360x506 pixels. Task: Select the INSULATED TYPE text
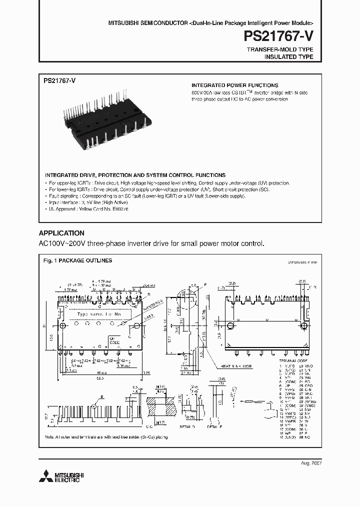point(289,57)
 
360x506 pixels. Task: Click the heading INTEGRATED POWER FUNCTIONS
point(235,85)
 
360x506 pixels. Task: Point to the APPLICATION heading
point(61,233)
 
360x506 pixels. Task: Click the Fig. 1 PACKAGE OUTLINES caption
point(77,260)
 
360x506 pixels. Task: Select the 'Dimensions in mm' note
point(302,262)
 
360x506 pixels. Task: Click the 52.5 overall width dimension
point(101,378)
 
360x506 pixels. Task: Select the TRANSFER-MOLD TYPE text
point(280,49)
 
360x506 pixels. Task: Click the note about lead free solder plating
point(106,437)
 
